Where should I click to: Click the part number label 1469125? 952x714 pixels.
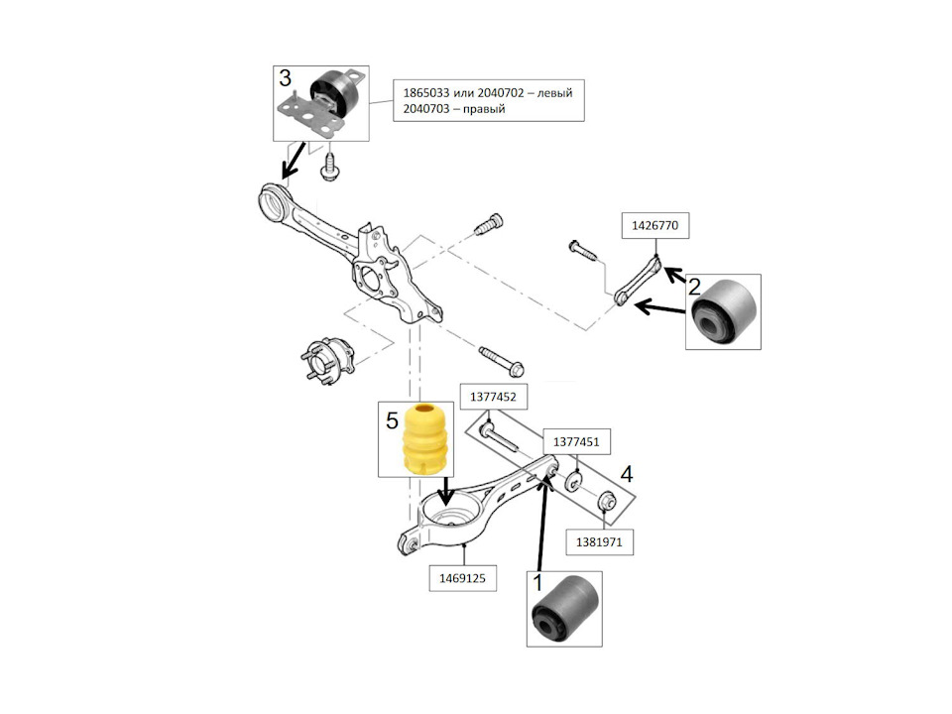click(x=462, y=576)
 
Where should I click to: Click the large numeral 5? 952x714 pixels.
click(x=391, y=421)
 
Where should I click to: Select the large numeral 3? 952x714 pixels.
click(x=285, y=78)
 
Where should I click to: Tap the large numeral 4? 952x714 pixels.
click(x=625, y=475)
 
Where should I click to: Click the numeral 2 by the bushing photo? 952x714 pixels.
click(x=696, y=288)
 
